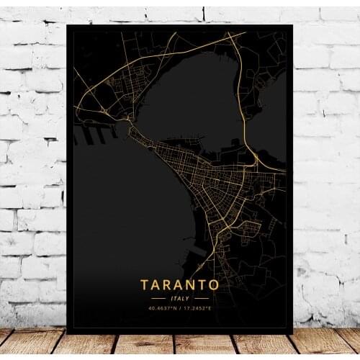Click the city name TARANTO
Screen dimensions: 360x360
180,284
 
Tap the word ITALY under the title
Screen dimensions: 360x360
180,298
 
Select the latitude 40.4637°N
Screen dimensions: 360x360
163,308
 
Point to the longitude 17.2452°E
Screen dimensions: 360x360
197,308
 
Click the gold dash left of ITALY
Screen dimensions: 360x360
158,298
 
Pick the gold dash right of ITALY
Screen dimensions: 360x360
202,298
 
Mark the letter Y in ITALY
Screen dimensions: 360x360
189,298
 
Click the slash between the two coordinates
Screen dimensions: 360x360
180,308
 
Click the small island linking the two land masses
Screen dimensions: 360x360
131,132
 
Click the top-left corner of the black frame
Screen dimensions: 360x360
68,26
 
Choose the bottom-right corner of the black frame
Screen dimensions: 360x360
292,333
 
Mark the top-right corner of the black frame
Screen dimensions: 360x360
292,26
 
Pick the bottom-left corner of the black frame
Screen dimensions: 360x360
68,333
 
